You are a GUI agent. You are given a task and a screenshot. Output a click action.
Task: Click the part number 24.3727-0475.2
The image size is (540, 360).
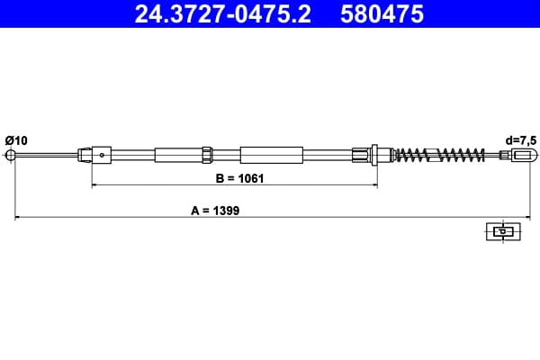[x=223, y=14]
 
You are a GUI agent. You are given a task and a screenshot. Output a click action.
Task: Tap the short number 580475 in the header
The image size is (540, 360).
[x=382, y=14]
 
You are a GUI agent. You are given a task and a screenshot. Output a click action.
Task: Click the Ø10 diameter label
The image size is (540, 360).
[x=16, y=140]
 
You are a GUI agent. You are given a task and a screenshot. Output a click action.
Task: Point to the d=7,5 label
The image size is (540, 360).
[x=521, y=140]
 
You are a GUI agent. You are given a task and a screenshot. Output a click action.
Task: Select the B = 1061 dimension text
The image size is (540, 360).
[x=239, y=178]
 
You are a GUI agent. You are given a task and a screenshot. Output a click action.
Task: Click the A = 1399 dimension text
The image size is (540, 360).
[x=215, y=211]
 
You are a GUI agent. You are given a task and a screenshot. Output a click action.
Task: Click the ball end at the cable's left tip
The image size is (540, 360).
[x=11, y=155]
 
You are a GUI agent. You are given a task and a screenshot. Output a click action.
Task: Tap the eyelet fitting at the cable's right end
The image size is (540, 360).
[x=524, y=155]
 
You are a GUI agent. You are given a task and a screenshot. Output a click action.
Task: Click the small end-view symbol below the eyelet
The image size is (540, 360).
[x=503, y=231]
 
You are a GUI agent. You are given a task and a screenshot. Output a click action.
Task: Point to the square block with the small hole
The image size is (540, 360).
[x=102, y=155]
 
